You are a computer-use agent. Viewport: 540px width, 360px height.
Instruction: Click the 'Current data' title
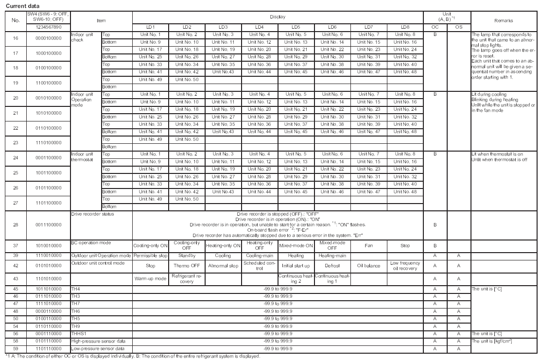[18, 5]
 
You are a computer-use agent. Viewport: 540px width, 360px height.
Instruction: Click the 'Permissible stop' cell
[151, 255]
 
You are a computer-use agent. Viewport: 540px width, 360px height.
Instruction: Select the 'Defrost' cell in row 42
[332, 266]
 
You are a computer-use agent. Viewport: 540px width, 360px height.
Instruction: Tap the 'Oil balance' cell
[368, 266]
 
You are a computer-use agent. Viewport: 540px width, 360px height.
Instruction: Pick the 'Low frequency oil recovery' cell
[404, 266]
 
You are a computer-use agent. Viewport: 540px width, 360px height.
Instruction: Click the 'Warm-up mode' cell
[151, 279]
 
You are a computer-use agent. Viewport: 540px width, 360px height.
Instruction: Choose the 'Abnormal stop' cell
[223, 266]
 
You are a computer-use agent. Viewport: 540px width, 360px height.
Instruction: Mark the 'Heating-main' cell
[332, 255]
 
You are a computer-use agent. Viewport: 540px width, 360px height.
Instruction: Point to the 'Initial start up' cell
[296, 266]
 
